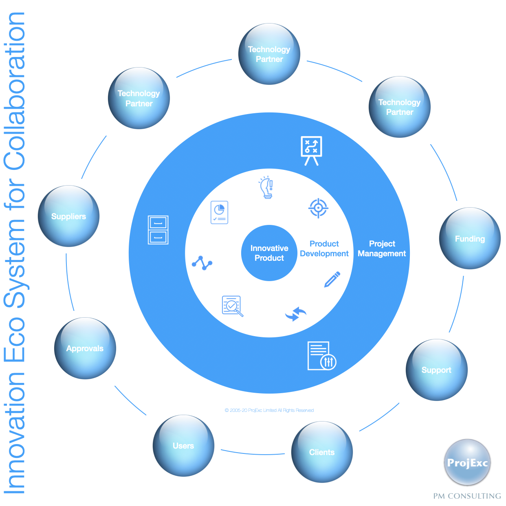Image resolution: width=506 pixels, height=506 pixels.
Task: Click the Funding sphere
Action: point(470,239)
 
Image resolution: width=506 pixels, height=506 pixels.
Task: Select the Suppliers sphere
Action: point(68,216)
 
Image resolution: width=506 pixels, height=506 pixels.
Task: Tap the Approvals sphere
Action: point(85,348)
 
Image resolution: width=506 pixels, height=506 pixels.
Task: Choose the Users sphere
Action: point(183,446)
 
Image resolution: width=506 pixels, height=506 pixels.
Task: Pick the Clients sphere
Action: point(322,452)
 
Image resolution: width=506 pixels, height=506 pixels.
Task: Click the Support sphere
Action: point(436,370)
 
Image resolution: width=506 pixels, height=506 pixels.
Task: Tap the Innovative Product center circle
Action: point(269,253)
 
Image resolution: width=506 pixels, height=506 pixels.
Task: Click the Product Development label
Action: point(324,249)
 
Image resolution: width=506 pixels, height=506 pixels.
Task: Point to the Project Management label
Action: point(382,249)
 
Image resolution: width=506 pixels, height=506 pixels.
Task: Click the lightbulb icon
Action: point(266,187)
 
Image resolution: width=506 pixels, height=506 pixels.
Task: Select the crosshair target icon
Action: point(318,208)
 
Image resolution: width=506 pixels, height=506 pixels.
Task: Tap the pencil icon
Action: point(332,279)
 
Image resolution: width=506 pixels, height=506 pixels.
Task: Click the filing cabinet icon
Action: point(158,230)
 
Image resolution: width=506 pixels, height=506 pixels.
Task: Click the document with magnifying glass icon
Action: point(232,306)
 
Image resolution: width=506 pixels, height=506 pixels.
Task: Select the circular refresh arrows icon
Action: point(296,314)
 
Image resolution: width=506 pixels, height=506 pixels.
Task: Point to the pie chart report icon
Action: point(219,212)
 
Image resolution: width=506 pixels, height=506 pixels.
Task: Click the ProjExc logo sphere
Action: point(467,462)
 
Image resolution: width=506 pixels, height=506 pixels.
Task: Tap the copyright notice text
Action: point(269,410)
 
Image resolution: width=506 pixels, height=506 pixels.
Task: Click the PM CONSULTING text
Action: point(467,496)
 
